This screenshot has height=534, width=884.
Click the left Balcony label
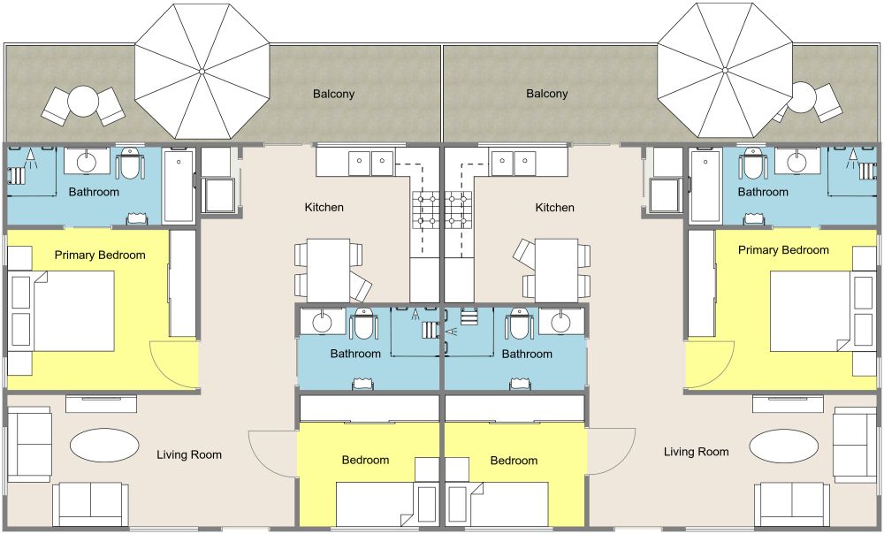tap(333, 94)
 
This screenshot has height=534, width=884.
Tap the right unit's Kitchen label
tap(554, 208)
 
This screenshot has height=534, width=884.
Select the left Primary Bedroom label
tap(100, 256)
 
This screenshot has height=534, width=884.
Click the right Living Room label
tap(697, 452)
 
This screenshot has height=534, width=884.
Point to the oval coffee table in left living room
tap(103, 445)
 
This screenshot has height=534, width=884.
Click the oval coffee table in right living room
tap(783, 445)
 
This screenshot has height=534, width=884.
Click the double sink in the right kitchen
tap(513, 162)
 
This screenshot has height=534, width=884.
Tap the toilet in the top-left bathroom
tap(130, 163)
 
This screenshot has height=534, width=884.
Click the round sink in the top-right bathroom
tap(798, 162)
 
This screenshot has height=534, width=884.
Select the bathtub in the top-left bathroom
tap(179, 186)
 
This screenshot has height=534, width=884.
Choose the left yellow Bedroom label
tap(366, 461)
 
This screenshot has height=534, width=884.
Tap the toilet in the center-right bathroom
tap(518, 325)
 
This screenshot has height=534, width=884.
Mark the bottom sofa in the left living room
tap(92, 504)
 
